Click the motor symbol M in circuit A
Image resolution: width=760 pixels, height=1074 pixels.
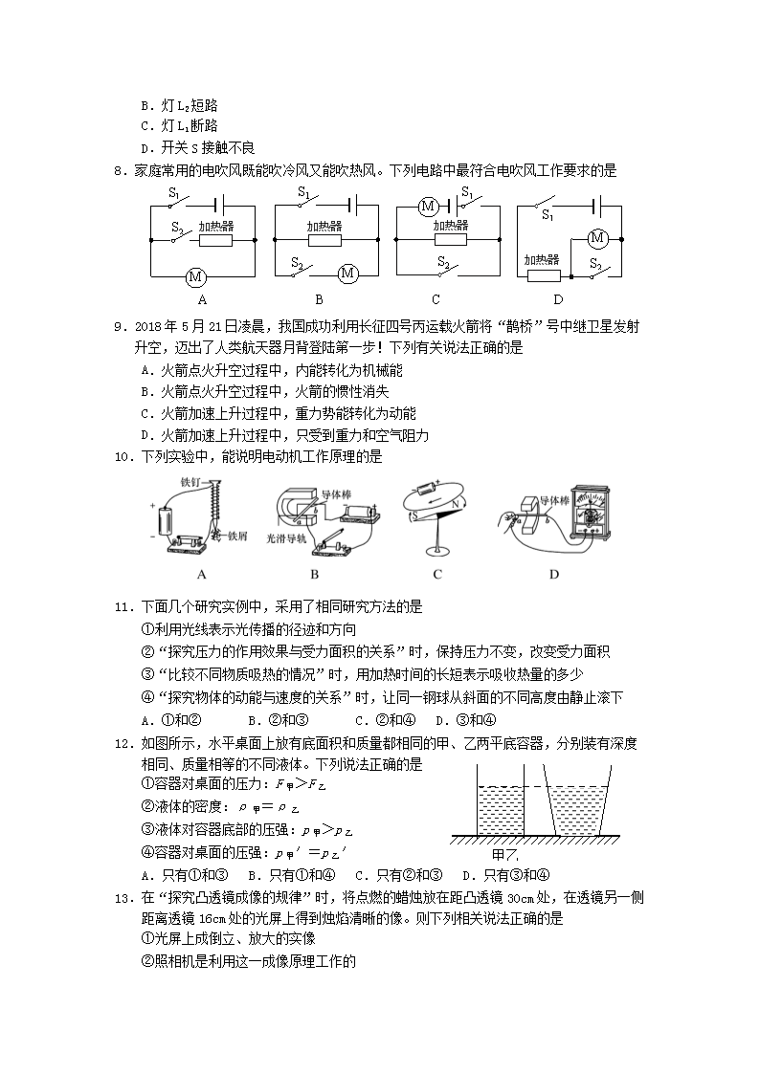[196, 276]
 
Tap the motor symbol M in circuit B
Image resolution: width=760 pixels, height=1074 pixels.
[347, 274]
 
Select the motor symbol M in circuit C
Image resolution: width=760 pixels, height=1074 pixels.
[429, 206]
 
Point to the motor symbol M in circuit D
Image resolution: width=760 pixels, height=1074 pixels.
[598, 237]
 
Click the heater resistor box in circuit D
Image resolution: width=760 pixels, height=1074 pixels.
[543, 275]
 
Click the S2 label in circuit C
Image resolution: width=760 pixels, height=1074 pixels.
[443, 261]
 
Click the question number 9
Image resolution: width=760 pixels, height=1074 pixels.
[121, 326]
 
